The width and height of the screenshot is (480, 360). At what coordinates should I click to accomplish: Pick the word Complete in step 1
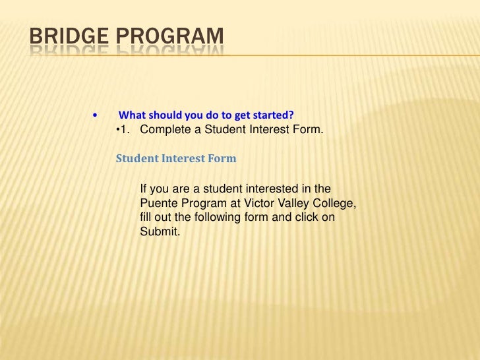click(165, 129)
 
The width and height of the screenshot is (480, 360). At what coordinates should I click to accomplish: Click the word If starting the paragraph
click(144, 190)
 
